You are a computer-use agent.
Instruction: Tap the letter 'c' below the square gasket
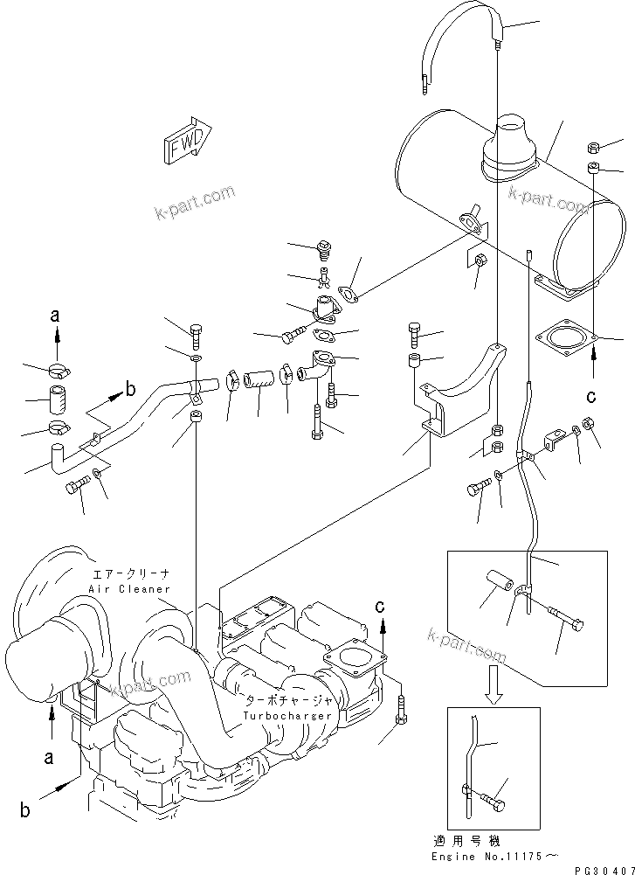click(x=591, y=396)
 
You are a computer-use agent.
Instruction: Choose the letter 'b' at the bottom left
click(x=25, y=809)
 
